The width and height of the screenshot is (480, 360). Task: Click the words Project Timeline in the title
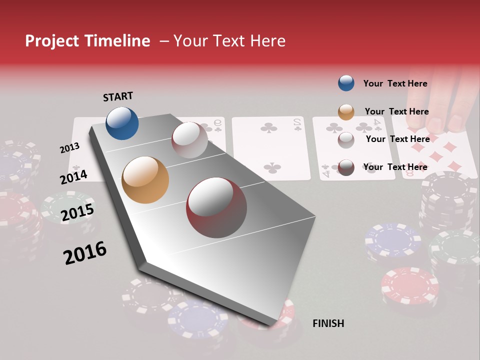click(x=87, y=41)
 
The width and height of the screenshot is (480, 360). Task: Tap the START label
click(x=118, y=96)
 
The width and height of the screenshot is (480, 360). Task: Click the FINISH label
click(x=328, y=323)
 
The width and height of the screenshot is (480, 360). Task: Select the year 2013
click(x=69, y=148)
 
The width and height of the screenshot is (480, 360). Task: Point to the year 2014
click(x=73, y=177)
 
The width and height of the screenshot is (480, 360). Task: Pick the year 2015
click(x=77, y=212)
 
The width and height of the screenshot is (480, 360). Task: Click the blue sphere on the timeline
click(x=122, y=123)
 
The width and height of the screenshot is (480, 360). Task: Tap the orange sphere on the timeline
click(x=145, y=180)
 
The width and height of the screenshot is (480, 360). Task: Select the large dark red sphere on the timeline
click(x=216, y=207)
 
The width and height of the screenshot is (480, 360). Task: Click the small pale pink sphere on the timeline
click(x=189, y=140)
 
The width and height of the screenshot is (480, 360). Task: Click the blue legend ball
click(x=346, y=83)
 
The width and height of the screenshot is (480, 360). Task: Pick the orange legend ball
click(x=346, y=112)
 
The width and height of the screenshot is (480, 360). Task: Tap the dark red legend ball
click(x=346, y=167)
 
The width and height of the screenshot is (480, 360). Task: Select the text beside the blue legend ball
click(x=395, y=83)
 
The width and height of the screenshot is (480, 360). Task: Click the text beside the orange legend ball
click(x=396, y=111)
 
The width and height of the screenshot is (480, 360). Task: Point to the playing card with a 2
click(x=271, y=148)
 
